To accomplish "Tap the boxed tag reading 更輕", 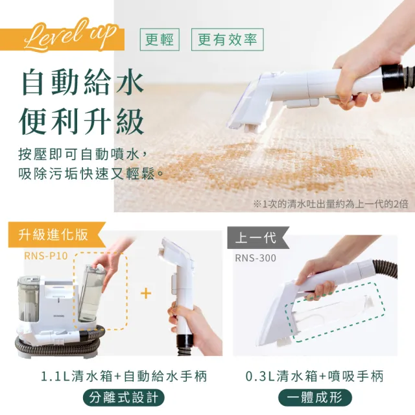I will (x=160, y=40).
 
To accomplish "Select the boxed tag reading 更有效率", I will (x=227, y=40).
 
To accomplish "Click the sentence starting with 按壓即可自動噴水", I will (x=88, y=155).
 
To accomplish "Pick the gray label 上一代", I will (x=255, y=238).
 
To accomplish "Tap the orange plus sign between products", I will (x=146, y=294).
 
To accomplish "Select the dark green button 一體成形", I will (x=314, y=397).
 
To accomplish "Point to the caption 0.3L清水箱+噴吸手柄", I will (x=314, y=375).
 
